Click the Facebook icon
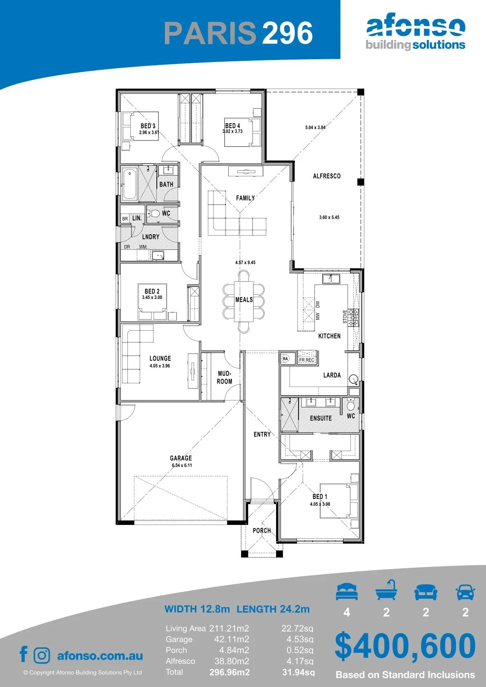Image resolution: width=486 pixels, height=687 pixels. tap(24, 654)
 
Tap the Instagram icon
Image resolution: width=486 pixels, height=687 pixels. tap(42, 656)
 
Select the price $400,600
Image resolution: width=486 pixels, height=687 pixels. tap(405, 646)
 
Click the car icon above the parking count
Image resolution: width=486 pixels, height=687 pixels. tap(466, 592)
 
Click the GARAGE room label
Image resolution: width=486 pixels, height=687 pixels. tap(181, 458)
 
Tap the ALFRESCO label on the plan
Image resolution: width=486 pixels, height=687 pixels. tap(327, 176)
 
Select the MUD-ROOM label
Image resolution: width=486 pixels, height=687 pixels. tap(225, 378)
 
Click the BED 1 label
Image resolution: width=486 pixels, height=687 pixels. tap(320, 496)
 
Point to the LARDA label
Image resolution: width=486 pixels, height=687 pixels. tap(332, 375)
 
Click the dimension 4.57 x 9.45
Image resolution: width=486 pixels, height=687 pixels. tap(245, 262)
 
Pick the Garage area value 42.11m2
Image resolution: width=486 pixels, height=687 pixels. tap(232, 640)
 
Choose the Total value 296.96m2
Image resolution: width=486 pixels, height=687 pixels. tap(230, 672)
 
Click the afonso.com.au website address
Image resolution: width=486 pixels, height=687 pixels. tap(100, 656)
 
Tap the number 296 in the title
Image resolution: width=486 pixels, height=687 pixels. tap(287, 33)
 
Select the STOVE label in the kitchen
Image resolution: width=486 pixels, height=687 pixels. tap(345, 316)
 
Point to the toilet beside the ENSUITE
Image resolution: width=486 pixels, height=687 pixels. tap(350, 405)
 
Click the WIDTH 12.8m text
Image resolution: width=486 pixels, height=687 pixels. tap(197, 609)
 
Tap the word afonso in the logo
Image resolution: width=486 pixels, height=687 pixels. tap(416, 27)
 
